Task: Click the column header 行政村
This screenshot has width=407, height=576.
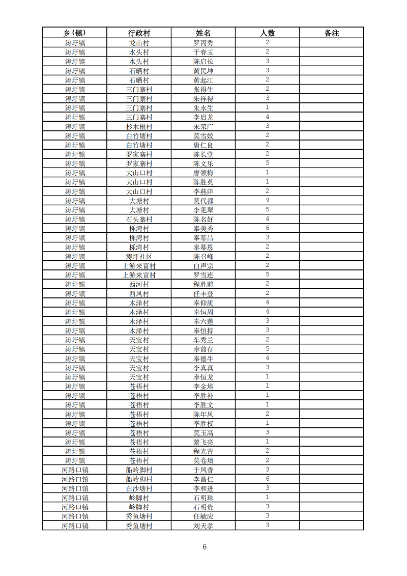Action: [139, 33]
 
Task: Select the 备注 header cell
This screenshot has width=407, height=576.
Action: [331, 33]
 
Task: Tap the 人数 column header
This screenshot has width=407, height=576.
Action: [267, 33]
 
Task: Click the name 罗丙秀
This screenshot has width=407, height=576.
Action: [203, 43]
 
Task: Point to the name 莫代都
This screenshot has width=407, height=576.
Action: [203, 201]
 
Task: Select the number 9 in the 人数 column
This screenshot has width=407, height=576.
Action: [267, 201]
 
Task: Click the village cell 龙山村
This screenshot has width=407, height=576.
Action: [139, 43]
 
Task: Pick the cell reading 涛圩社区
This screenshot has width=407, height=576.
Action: [139, 257]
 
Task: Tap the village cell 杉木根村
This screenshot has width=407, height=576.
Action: [139, 127]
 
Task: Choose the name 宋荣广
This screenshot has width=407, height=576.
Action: [203, 127]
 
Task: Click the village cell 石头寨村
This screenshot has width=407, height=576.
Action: [139, 220]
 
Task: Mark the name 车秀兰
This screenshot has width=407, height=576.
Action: [203, 340]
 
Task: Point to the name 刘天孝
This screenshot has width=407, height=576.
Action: [203, 526]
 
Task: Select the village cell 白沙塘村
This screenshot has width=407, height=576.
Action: [139, 488]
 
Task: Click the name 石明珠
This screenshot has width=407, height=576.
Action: [203, 498]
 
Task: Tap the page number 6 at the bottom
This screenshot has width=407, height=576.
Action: [205, 547]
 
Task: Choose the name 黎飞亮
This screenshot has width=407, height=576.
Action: [203, 442]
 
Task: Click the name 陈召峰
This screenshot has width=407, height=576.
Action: [203, 257]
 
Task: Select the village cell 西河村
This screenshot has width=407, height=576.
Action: [139, 284]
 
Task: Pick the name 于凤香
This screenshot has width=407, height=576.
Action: [203, 470]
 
